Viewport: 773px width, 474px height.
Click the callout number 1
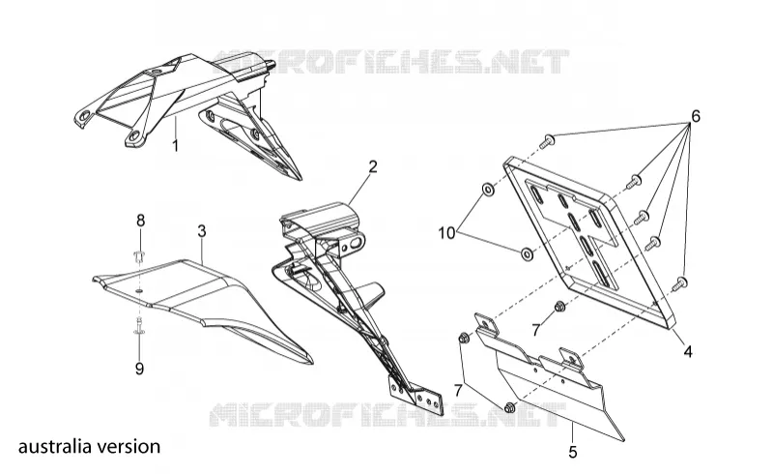pyautogui.click(x=175, y=146)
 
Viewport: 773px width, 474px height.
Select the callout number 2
pyautogui.click(x=373, y=166)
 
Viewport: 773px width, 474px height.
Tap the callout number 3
pyautogui.click(x=202, y=230)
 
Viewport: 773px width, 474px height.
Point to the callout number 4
pyautogui.click(x=688, y=351)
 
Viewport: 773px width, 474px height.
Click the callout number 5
pyautogui.click(x=572, y=452)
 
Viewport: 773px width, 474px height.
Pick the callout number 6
pyautogui.click(x=695, y=116)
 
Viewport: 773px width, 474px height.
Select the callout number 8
pyautogui.click(x=140, y=221)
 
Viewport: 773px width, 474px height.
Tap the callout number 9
pyautogui.click(x=139, y=368)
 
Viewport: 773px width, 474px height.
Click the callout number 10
pyautogui.click(x=446, y=233)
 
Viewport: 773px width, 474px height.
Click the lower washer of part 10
pyautogui.click(x=527, y=254)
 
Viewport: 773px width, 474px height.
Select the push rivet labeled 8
pyautogui.click(x=140, y=257)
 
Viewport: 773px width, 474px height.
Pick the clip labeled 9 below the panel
pyautogui.click(x=139, y=326)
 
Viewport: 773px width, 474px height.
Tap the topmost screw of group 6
pyautogui.click(x=548, y=141)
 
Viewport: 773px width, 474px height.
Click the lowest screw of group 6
pyautogui.click(x=680, y=283)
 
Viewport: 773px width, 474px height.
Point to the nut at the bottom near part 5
pyautogui.click(x=510, y=408)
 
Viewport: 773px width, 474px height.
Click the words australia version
pyautogui.click(x=89, y=446)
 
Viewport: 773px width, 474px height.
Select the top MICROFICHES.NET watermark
pyautogui.click(x=391, y=61)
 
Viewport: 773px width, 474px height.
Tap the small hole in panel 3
pyautogui.click(x=139, y=291)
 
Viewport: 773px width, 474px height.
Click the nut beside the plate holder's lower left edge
pyautogui.click(x=559, y=307)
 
